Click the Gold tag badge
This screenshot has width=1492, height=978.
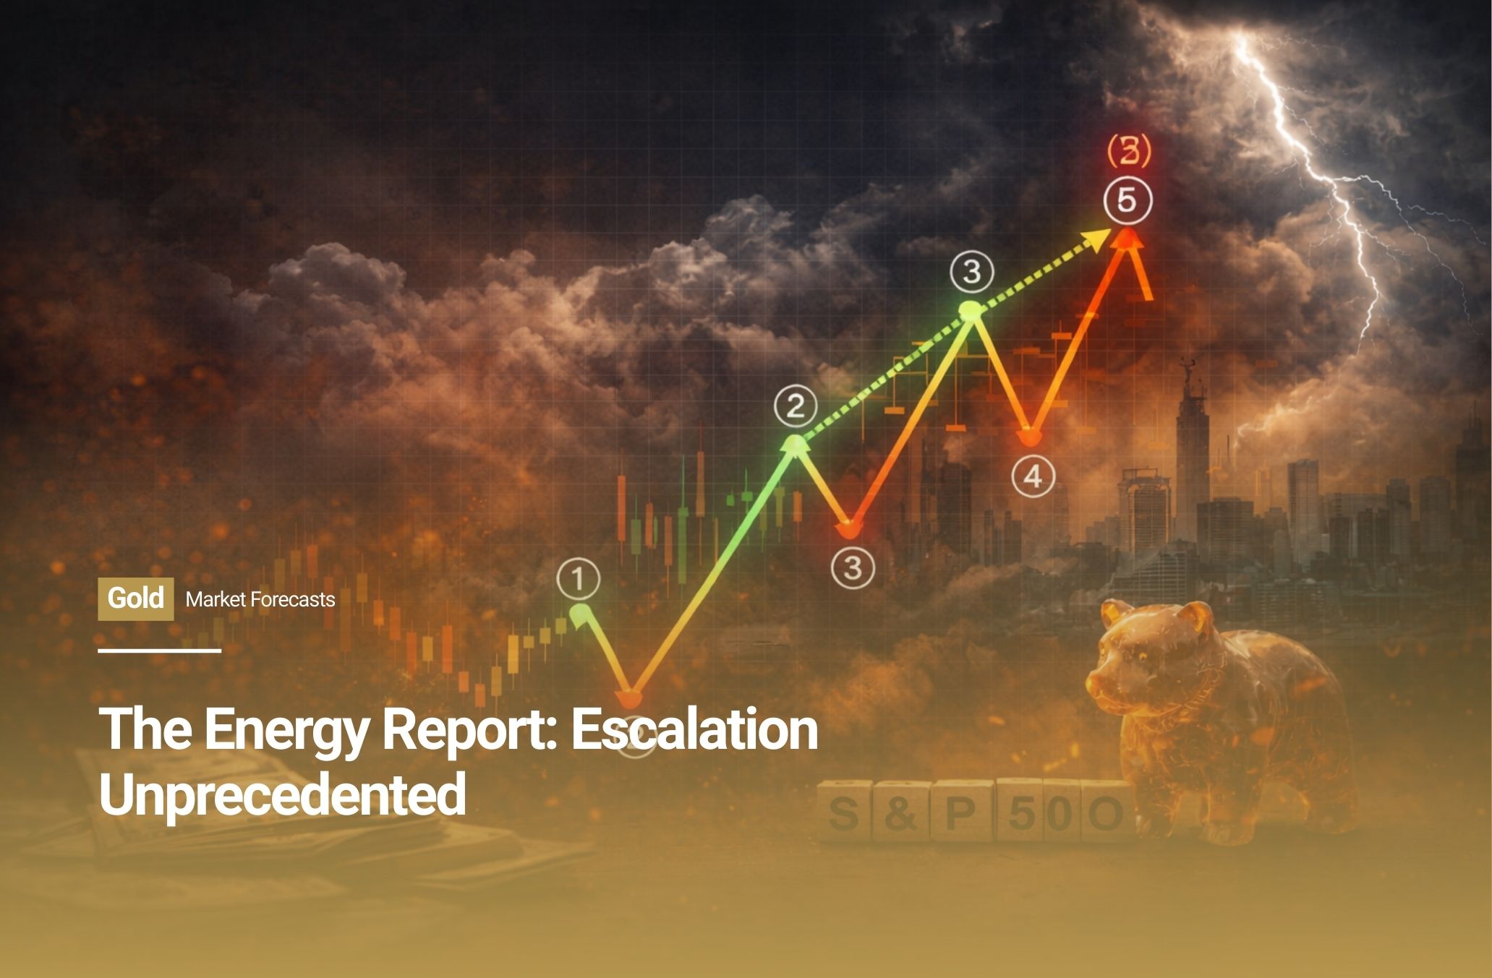click(136, 599)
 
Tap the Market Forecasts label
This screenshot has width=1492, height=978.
click(260, 599)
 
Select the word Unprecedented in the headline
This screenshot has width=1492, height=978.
click(282, 794)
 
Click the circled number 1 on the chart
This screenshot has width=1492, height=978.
click(579, 579)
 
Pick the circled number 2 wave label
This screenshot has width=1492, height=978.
click(796, 407)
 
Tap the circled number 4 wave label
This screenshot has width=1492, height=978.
click(1033, 476)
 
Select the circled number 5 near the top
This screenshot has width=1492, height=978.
click(1127, 200)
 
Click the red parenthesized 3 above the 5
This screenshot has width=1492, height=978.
click(1129, 151)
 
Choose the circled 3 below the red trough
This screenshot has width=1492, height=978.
click(853, 567)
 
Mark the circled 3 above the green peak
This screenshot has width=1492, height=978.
click(972, 272)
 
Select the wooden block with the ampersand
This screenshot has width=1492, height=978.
click(900, 811)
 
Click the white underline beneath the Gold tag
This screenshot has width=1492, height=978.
click(160, 651)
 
